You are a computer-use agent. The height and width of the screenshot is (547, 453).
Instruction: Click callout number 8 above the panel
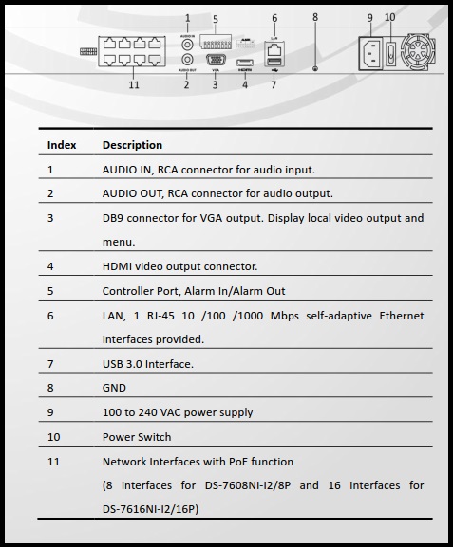315,17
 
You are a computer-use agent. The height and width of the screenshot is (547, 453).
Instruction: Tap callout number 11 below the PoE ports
134,84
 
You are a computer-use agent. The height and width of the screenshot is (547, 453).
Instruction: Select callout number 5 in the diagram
216,19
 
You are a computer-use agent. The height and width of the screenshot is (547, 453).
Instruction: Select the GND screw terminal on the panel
315,66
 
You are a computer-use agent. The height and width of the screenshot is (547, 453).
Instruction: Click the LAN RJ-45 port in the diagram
274,49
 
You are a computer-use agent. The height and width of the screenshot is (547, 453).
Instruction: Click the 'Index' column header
62,145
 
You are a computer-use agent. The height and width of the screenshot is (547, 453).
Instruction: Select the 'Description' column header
132,145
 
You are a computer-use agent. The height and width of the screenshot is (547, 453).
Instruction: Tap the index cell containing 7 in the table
50,364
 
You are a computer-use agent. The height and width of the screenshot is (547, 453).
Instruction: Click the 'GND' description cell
114,388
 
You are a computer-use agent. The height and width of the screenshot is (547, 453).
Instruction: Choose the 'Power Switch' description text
137,437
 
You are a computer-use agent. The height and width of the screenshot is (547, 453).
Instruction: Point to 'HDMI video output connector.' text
179,266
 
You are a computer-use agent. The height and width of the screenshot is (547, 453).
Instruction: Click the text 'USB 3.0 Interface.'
148,364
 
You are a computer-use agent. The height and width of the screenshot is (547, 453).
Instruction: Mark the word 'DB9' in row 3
115,218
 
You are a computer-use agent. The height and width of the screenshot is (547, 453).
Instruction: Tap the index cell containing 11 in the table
53,462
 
